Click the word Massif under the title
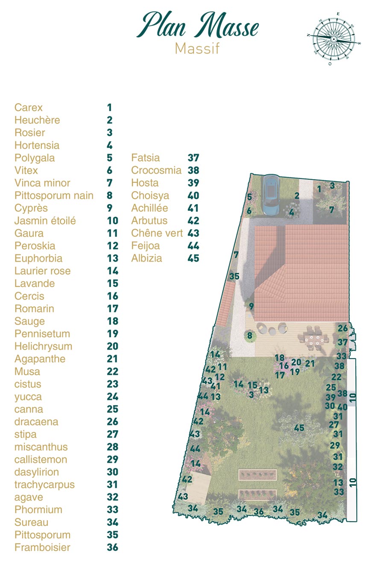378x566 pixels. (197, 49)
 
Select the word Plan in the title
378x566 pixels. (162, 26)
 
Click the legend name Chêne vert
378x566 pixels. (157, 233)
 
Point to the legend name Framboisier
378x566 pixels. (42, 547)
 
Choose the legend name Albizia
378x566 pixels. (147, 258)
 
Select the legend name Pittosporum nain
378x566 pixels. (54, 195)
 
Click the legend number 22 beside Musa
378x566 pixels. (112, 371)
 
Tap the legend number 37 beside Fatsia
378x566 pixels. (193, 158)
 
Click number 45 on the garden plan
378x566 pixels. (299, 428)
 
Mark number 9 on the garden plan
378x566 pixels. (251, 306)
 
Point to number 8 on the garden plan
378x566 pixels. (250, 336)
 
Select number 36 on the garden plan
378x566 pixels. (259, 511)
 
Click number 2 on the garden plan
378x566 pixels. (296, 196)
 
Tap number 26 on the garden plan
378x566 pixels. (343, 328)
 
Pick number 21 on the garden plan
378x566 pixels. (310, 364)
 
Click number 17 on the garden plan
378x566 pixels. (280, 375)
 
